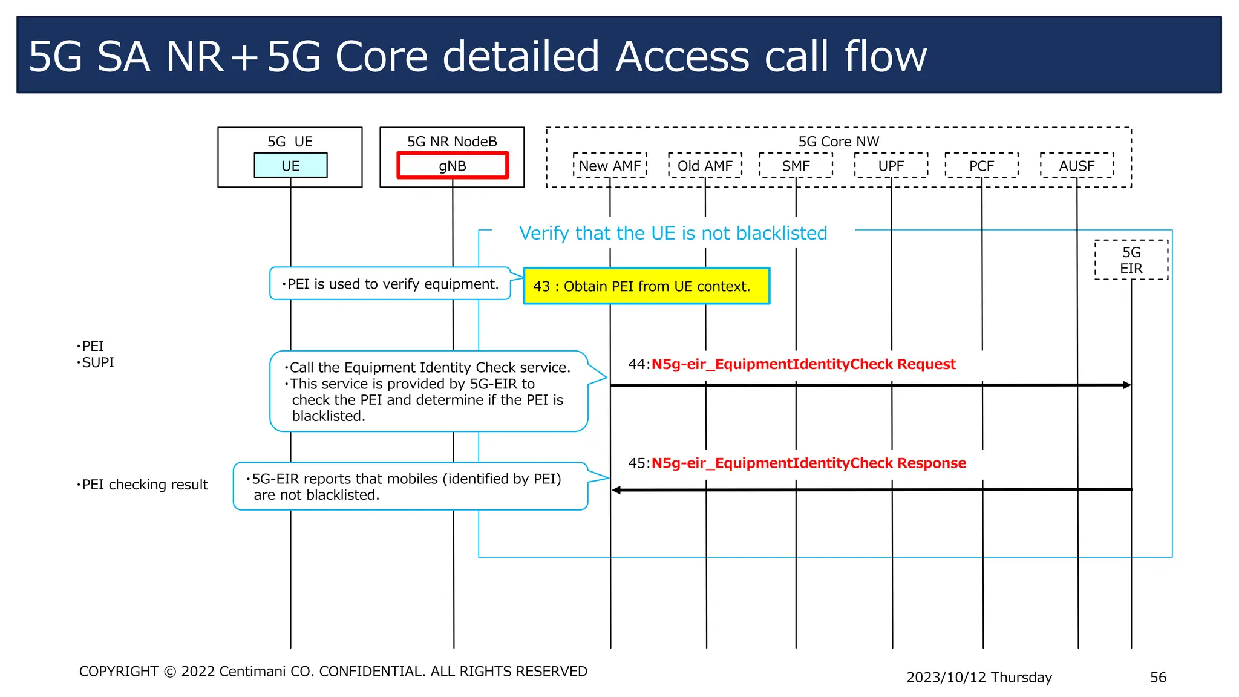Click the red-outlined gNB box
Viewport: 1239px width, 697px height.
[x=452, y=166]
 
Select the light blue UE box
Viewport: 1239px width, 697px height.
[x=290, y=166]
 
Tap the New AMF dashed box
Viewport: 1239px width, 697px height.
[x=610, y=166]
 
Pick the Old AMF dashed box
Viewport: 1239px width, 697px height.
[x=705, y=166]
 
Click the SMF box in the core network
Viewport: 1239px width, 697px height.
[x=796, y=166]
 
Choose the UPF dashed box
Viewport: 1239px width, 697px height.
[x=891, y=166]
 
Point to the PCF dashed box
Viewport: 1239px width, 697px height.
[x=981, y=166]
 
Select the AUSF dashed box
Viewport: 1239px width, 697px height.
[x=1076, y=166]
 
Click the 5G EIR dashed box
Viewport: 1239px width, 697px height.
[x=1131, y=260]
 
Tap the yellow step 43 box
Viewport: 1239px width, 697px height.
[x=646, y=286]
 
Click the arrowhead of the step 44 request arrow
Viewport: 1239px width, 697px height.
[x=1126, y=385]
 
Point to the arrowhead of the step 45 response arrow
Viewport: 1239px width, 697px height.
[x=616, y=490]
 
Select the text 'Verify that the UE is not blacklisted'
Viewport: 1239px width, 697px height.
[x=673, y=233]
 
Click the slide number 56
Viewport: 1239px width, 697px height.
[x=1158, y=677]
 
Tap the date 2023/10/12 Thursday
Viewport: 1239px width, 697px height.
[x=979, y=677]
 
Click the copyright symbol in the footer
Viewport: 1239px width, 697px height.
[x=170, y=672]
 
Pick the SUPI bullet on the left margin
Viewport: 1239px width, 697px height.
[x=97, y=362]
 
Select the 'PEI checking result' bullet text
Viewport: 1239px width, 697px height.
[x=145, y=485]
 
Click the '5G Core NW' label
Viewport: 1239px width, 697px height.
[x=839, y=142]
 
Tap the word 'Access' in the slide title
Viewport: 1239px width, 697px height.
[x=682, y=57]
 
